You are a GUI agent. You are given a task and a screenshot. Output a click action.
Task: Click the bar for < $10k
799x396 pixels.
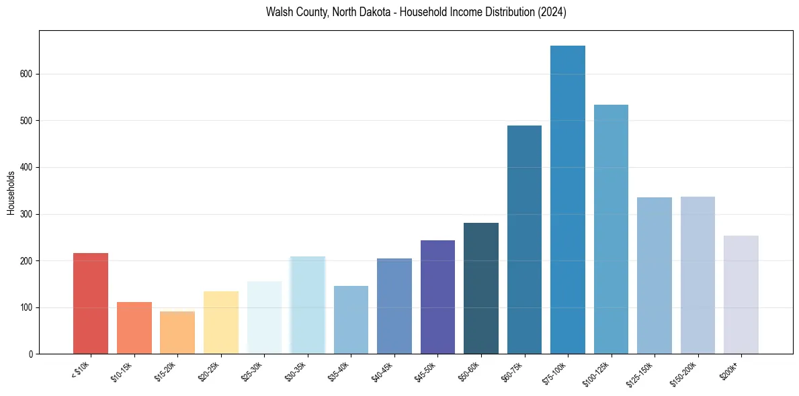coord(91,303)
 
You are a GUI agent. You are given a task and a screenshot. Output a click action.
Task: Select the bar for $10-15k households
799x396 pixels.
coord(134,328)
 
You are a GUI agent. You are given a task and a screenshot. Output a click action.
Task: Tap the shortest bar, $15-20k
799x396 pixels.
coord(177,333)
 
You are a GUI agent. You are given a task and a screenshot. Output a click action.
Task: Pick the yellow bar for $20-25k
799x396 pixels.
coord(220,323)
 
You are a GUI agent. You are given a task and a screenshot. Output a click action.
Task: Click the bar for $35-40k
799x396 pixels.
coord(351,320)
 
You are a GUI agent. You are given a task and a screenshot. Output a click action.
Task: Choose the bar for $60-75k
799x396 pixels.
coord(524,240)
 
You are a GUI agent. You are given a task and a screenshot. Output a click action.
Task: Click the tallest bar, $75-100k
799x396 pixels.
coord(568,200)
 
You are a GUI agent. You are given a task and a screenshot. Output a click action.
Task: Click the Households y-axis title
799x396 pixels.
coord(11,193)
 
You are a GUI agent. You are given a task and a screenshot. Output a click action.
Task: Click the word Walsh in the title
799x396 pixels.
coord(280,13)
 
